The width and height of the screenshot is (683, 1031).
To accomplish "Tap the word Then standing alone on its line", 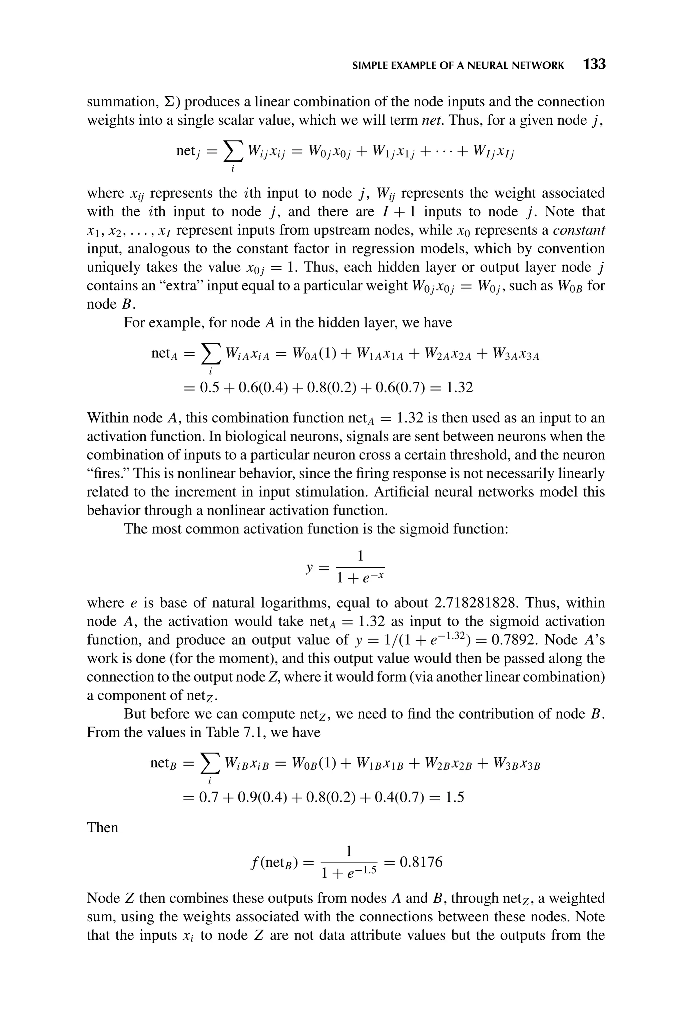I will point(102,827).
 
